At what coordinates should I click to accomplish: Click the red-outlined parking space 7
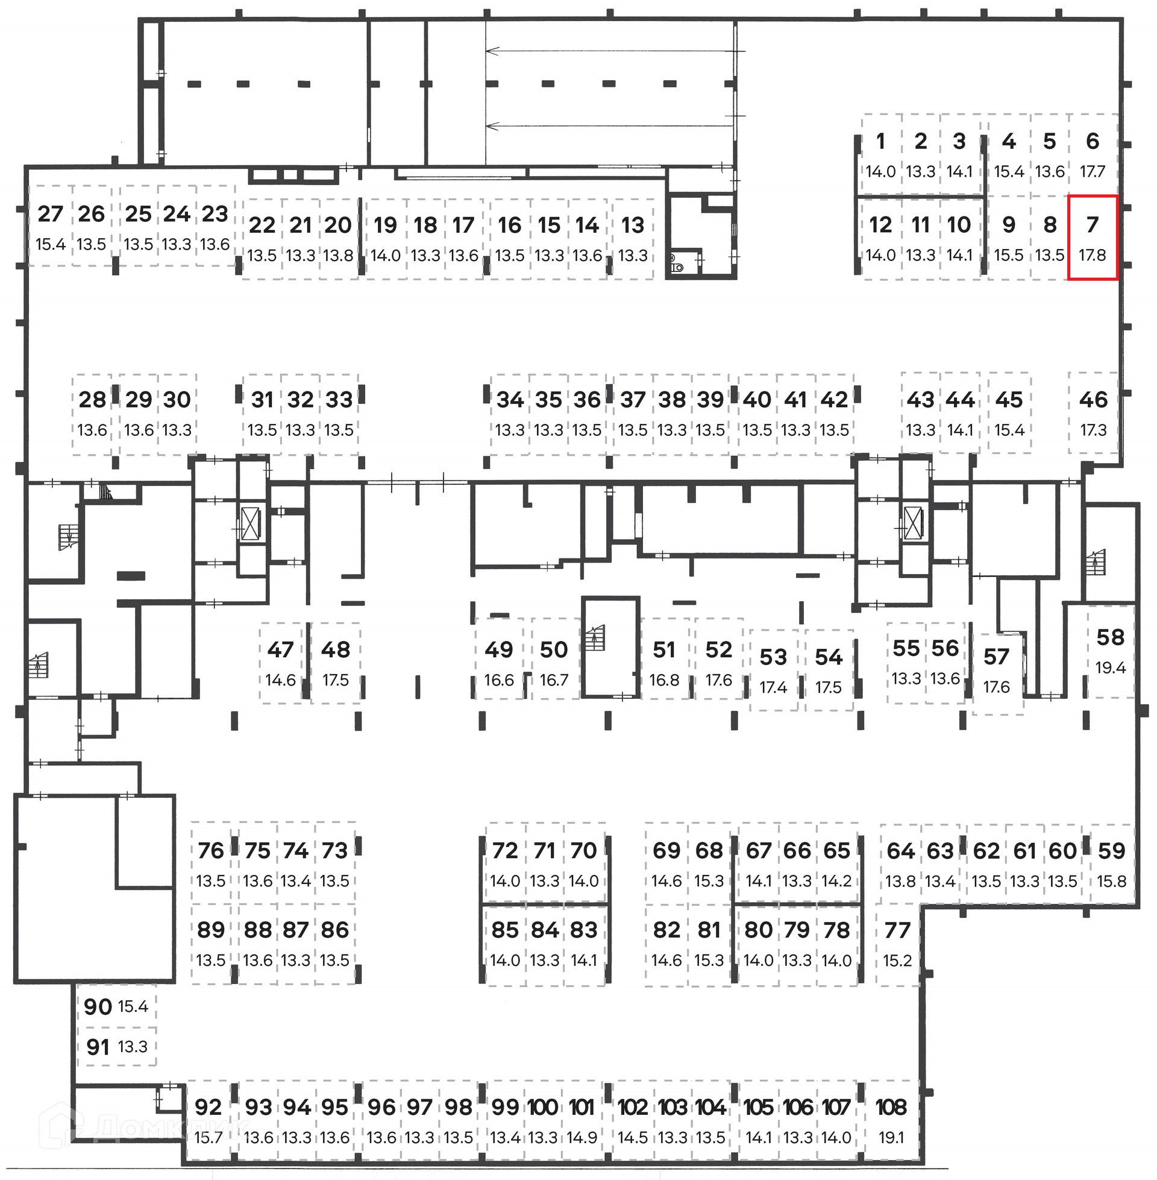[x=1093, y=237]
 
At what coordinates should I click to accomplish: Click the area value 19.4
[x=1110, y=667]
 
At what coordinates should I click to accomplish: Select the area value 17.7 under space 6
[x=1092, y=171]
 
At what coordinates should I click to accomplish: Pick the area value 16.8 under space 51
[x=663, y=680]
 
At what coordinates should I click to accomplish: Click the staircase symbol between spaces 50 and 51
[x=595, y=638]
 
